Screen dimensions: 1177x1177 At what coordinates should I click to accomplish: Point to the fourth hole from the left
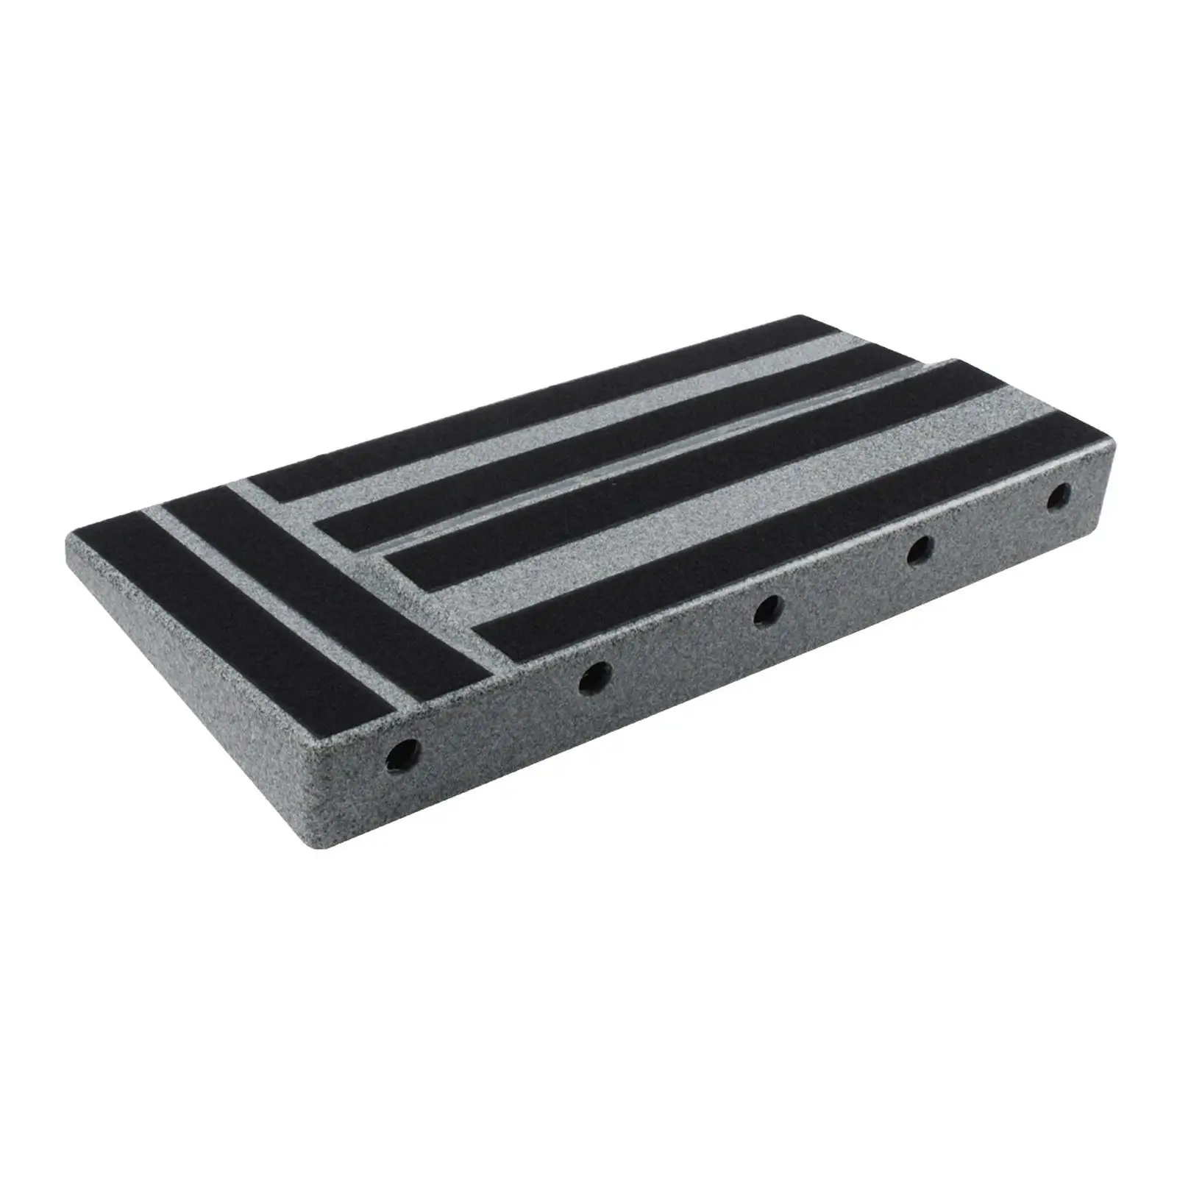tap(920, 549)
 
